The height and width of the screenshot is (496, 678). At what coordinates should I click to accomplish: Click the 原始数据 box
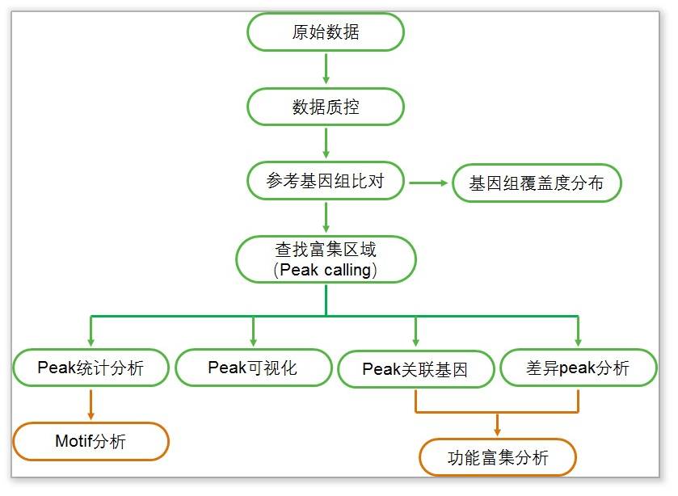(x=325, y=32)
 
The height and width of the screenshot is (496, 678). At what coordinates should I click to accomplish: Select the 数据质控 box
(x=325, y=107)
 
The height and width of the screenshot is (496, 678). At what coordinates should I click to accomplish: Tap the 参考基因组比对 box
(x=325, y=183)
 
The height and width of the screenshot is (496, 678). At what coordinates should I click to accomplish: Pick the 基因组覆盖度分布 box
(x=537, y=184)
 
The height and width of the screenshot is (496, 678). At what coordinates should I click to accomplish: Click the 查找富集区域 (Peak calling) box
(x=326, y=259)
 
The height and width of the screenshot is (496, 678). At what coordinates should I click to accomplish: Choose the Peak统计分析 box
(x=91, y=368)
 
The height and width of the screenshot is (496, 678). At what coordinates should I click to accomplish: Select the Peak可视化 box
(x=253, y=368)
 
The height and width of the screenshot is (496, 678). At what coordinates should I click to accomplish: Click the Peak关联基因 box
(x=415, y=370)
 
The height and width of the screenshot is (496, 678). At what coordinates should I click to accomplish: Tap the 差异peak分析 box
(x=577, y=368)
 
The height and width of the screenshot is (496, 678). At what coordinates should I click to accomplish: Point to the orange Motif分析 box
(x=91, y=441)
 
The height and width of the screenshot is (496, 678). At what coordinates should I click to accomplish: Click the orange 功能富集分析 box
(x=498, y=458)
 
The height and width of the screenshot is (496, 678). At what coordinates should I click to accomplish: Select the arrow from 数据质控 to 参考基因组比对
(x=326, y=143)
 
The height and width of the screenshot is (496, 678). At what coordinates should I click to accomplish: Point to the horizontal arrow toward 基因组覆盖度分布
(x=428, y=183)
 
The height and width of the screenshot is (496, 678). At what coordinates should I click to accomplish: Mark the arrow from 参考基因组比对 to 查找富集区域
(x=326, y=218)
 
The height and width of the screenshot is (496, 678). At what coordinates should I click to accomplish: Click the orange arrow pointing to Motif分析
(x=91, y=404)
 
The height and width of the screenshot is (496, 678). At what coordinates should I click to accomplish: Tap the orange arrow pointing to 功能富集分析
(x=497, y=424)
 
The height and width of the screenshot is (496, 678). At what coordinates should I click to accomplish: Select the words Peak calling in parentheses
(x=328, y=270)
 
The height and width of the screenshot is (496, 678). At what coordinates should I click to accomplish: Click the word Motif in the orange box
(x=74, y=441)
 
